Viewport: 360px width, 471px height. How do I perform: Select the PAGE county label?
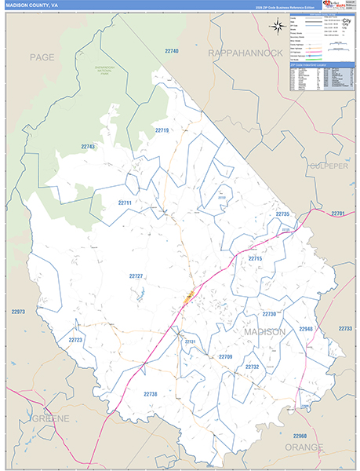pos(42,58)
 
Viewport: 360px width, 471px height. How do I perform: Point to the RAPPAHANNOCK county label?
pos(245,53)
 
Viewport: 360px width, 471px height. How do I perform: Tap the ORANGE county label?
pos(304,447)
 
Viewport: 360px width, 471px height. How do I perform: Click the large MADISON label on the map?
pos(260,332)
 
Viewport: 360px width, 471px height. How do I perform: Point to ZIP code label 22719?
pos(162,130)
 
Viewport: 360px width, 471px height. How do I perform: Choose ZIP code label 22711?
pos(124,203)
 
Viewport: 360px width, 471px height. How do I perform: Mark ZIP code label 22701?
pos(338,214)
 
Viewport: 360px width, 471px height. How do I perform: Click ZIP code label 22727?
pos(136,276)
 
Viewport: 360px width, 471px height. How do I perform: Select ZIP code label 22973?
pos(19,312)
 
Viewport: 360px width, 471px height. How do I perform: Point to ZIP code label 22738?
pos(151,394)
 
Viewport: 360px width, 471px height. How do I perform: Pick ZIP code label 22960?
pos(300,435)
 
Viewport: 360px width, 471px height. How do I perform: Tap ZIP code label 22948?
pos(305,329)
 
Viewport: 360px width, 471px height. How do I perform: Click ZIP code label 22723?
pos(75,340)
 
